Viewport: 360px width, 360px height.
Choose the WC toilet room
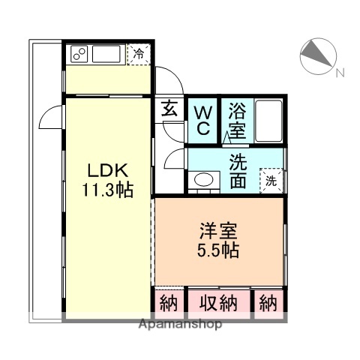[x=202, y=120]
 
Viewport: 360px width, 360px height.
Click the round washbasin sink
[x=202, y=180]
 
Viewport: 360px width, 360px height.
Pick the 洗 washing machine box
[x=271, y=180]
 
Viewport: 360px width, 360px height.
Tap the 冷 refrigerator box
[x=139, y=53]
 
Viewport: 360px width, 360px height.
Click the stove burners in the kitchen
[x=79, y=54]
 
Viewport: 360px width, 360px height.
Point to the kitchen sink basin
[x=109, y=54]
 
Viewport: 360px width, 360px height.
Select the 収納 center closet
[x=218, y=304]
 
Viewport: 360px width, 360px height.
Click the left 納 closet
[x=169, y=304]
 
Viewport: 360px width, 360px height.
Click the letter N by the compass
[x=339, y=73]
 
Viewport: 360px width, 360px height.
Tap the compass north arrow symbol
[x=316, y=55]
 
